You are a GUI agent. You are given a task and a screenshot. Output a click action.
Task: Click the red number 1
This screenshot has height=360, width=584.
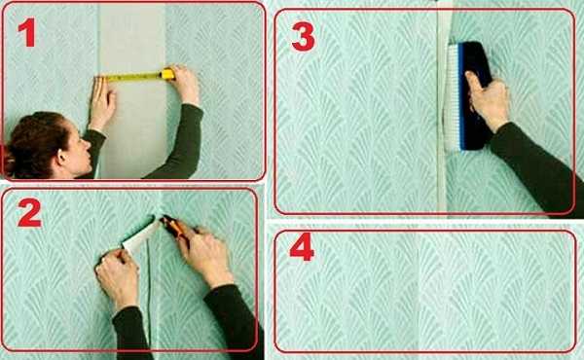[x=27, y=32]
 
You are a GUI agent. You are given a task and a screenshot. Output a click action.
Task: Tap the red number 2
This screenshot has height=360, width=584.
[x=28, y=212]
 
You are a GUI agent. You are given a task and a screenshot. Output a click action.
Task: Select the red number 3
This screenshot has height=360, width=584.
[x=303, y=36]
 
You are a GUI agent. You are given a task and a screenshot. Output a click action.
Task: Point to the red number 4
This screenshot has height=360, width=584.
[x=302, y=246]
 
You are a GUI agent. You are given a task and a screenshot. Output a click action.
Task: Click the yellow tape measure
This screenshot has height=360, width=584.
[x=135, y=76]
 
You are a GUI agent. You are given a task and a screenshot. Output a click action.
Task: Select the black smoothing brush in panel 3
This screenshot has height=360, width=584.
[x=470, y=95]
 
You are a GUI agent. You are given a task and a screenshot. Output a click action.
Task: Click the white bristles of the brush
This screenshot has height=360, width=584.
[x=454, y=96]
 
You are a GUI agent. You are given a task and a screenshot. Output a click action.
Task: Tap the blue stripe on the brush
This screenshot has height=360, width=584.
[x=462, y=96]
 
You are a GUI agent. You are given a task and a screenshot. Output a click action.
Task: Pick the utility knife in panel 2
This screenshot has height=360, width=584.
[x=174, y=229]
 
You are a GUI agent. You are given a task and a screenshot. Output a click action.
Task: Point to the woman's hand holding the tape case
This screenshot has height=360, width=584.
[x=186, y=85]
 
